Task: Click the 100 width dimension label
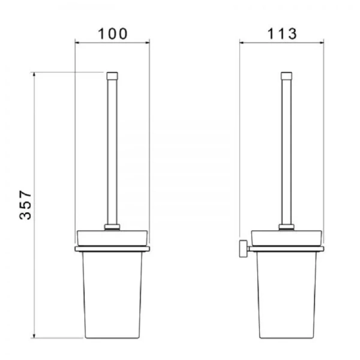[x=113, y=34]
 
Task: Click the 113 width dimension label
[x=282, y=34]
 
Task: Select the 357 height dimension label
[x=25, y=205]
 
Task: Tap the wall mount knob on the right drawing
[x=244, y=248]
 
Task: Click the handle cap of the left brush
[x=112, y=76]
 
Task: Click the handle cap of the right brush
[x=287, y=76]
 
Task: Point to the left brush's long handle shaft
[x=112, y=152]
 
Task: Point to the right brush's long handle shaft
[x=287, y=152]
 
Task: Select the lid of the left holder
[x=112, y=238]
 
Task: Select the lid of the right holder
[x=287, y=238]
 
